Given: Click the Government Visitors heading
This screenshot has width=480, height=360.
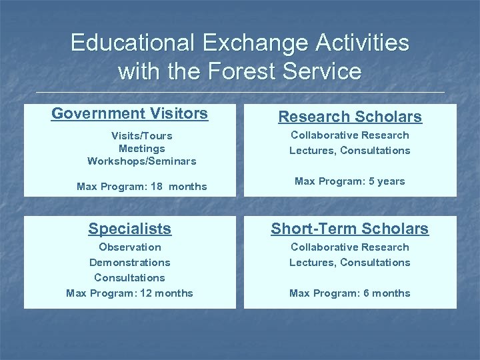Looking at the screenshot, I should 130,113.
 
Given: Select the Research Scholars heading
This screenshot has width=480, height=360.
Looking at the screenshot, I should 350,117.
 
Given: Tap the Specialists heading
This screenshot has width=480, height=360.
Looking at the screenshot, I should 130,229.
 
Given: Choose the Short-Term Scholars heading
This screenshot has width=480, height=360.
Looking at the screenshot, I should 350,229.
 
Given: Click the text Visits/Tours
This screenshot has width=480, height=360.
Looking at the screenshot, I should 141,136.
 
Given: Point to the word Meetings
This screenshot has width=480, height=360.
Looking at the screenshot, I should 141,149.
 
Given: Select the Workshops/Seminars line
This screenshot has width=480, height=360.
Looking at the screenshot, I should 141,161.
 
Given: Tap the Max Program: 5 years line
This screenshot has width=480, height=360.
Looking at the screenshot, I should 350,181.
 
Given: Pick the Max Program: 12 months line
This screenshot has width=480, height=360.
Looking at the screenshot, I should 130,293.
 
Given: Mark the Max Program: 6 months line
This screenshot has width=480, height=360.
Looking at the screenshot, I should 350,293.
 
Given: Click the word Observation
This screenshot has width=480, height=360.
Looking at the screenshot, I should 130,247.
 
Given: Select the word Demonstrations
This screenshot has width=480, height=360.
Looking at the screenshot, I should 130,263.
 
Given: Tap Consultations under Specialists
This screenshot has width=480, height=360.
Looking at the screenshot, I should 130,278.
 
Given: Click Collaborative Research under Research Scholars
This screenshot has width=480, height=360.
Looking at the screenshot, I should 350,135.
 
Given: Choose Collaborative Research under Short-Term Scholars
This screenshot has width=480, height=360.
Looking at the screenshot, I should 350,247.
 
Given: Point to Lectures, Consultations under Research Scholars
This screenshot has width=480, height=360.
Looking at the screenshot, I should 350,151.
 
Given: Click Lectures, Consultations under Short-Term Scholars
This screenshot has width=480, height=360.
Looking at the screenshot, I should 350,263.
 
